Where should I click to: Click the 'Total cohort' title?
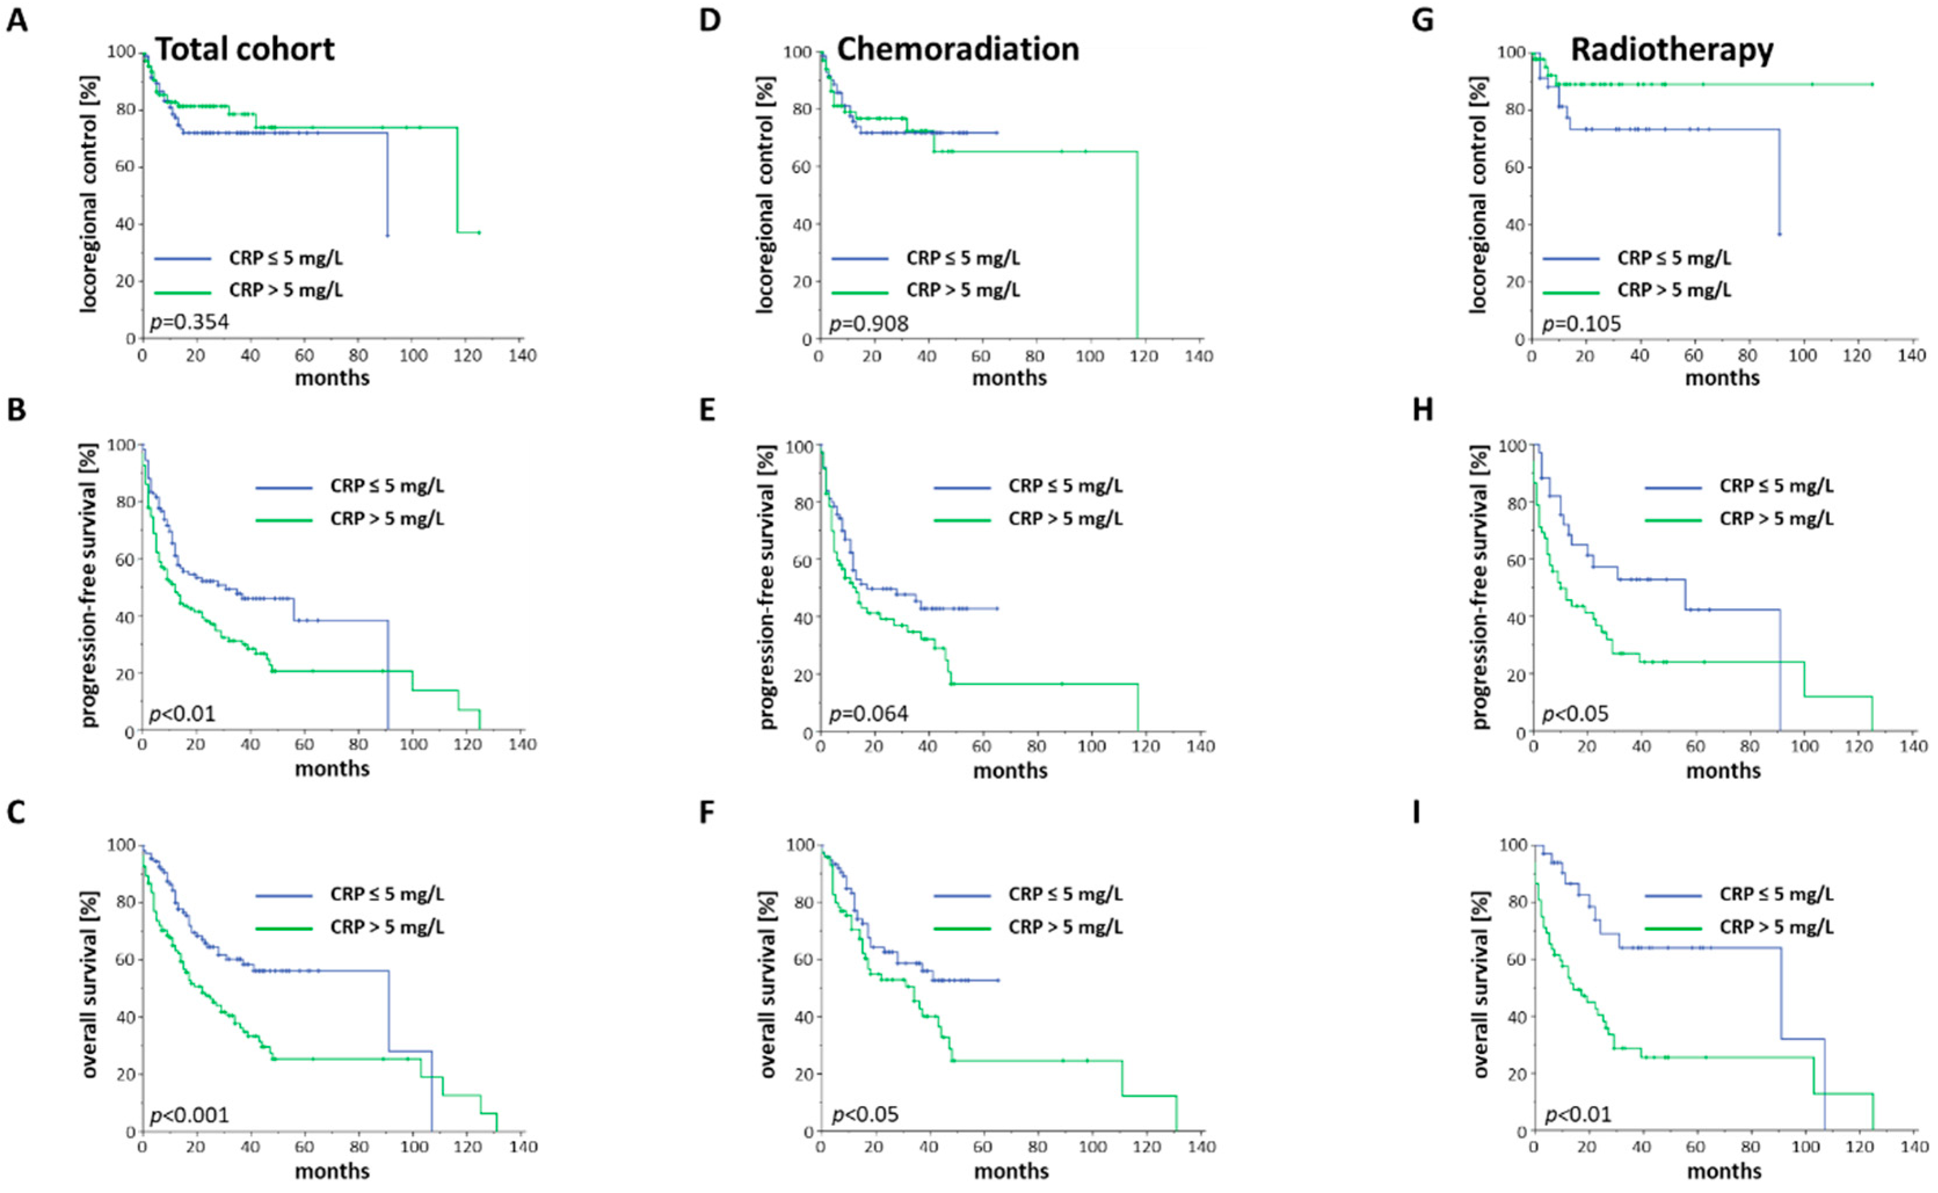point(245,50)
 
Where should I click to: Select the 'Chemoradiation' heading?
point(958,50)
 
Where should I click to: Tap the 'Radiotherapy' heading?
point(1672,50)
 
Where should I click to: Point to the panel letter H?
point(1423,410)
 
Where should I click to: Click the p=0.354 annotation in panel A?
point(190,322)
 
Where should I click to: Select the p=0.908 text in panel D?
point(868,323)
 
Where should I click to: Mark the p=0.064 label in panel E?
point(868,714)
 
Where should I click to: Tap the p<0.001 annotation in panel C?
point(190,1115)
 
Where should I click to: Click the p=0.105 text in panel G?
point(1582,323)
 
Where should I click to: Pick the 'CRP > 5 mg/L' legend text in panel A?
point(286,290)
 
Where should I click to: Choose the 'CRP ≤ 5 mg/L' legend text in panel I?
point(1776,894)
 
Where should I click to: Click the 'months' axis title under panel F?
point(1011,1171)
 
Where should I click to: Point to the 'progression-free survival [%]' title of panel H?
point(1480,587)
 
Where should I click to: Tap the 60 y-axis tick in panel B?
point(124,559)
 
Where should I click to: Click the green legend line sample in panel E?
point(962,520)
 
